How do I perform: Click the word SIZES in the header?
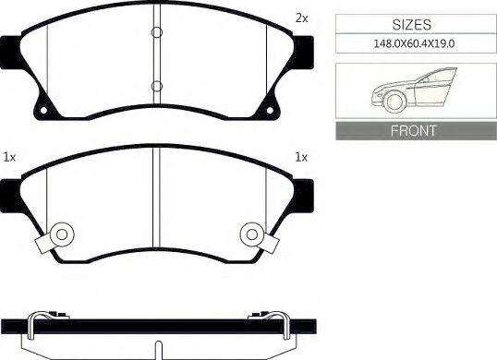tap(412, 25)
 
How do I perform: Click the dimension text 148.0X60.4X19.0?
tap(414, 43)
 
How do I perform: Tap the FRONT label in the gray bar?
tap(413, 130)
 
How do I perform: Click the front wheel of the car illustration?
tap(394, 101)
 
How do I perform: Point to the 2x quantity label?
tap(301, 18)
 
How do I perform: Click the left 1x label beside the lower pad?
tap(9, 157)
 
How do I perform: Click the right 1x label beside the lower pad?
tap(301, 157)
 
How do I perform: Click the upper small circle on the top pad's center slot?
tap(157, 32)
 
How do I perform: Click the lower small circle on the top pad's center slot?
tap(157, 86)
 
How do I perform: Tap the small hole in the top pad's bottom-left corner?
tap(43, 110)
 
